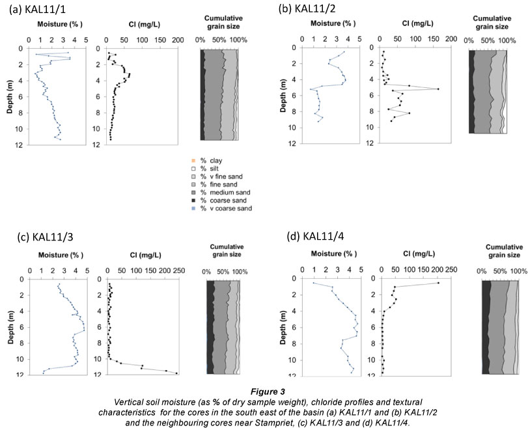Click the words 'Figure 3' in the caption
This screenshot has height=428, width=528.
click(264, 387)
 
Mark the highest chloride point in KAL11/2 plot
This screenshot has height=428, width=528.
click(438, 89)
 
